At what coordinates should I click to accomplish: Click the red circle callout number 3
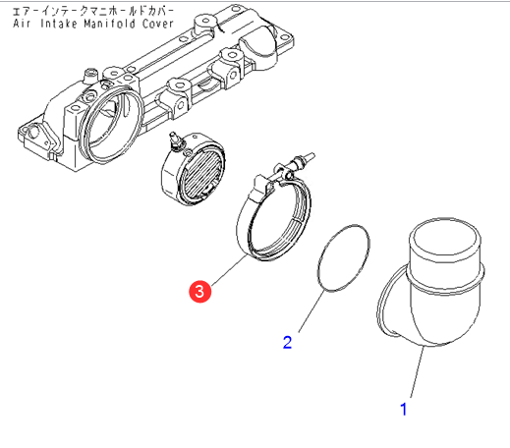[199, 291]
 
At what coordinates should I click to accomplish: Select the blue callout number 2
[287, 342]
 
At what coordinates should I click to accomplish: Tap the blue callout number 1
[404, 410]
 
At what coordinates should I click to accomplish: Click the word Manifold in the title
[109, 24]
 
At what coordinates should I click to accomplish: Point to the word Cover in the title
[157, 24]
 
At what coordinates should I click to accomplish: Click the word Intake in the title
[59, 24]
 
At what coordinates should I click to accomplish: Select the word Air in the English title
[22, 24]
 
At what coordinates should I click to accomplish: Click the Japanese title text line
[93, 11]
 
